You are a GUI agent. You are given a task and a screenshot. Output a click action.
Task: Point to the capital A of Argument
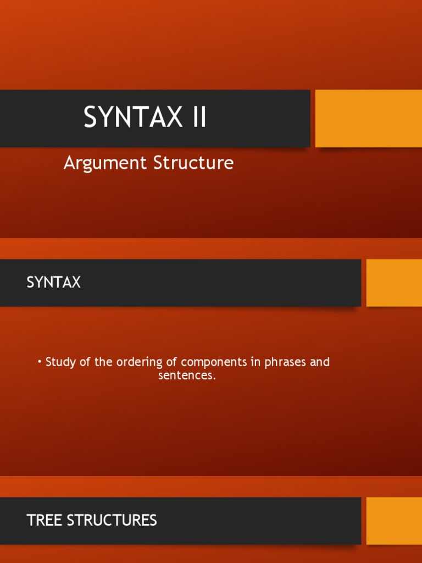69,163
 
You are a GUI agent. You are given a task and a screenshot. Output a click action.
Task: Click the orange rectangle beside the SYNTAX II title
368,118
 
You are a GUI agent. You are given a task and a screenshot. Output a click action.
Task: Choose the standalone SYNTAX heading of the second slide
54,283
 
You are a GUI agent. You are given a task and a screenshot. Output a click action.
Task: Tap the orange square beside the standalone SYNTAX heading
394,283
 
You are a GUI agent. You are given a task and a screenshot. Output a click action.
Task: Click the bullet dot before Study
40,361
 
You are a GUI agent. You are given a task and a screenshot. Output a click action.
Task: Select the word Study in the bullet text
60,362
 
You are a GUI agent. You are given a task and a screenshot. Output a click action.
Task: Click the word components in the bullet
213,362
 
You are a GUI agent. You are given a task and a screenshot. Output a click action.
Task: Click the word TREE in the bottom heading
43,520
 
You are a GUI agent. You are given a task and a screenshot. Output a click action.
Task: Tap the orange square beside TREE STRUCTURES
394,521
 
